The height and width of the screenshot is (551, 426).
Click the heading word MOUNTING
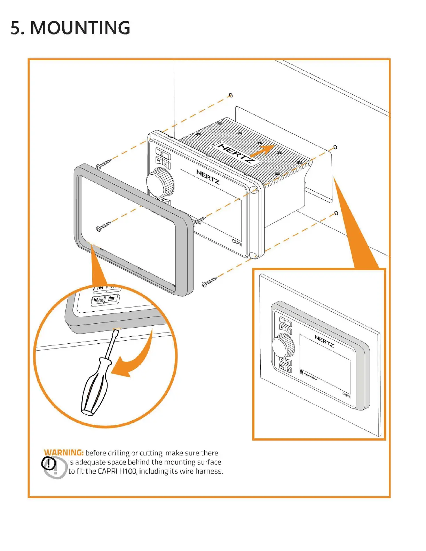(80, 28)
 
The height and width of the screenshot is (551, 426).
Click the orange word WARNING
(64, 453)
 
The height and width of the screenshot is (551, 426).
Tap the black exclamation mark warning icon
(49, 463)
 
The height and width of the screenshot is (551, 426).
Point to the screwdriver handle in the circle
(93, 390)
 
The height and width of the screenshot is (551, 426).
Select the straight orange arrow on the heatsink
(262, 151)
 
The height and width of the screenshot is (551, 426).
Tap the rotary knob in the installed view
(283, 346)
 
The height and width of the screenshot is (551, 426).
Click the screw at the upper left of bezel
(103, 164)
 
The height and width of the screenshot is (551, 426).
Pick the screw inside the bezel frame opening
(103, 226)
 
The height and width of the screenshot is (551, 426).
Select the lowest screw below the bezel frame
(209, 282)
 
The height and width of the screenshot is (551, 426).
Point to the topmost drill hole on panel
(231, 95)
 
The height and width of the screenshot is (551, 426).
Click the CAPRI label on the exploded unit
(237, 242)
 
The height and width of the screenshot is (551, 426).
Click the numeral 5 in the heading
(16, 28)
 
